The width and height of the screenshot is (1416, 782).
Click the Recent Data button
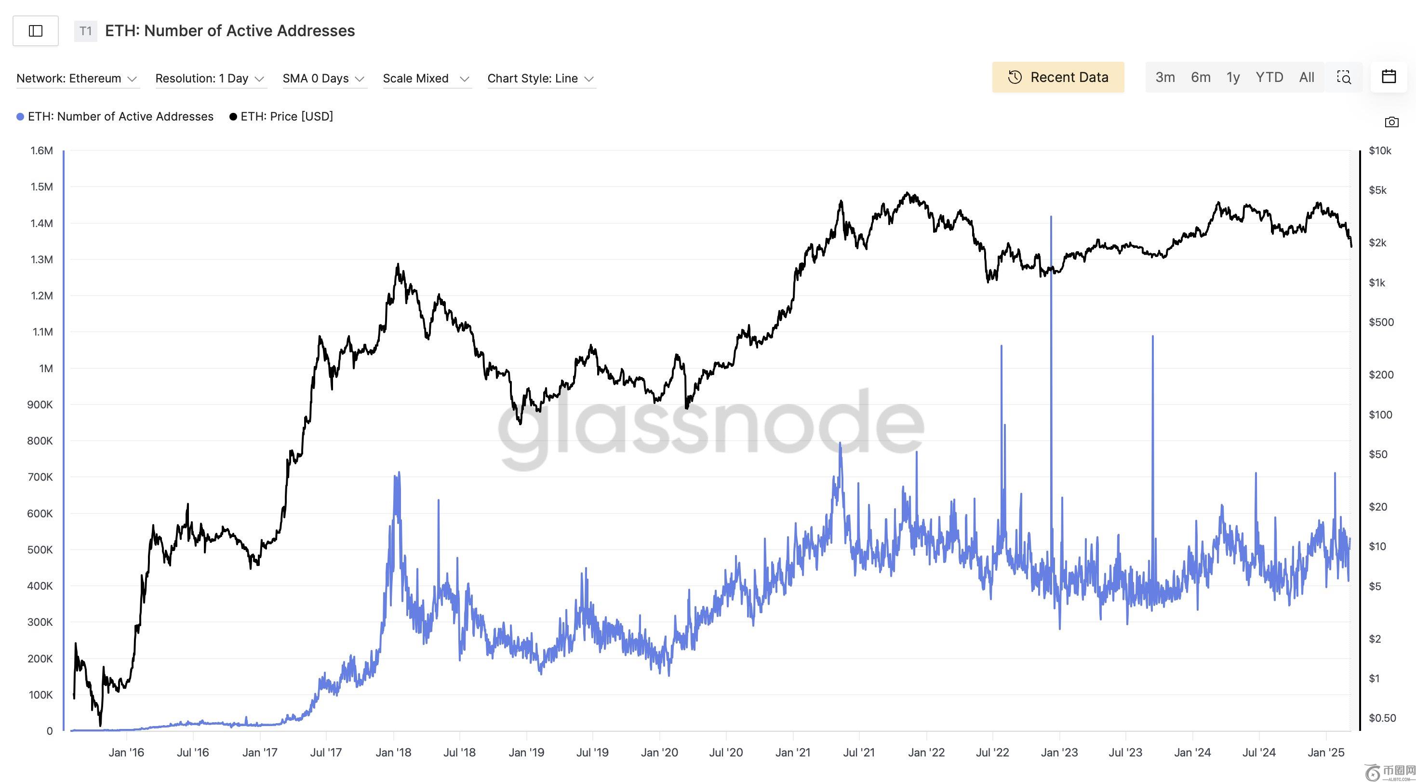[1057, 78]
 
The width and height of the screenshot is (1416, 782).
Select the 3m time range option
[1165, 78]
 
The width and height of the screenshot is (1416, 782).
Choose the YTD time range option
[1269, 78]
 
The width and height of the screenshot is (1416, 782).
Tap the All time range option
[1306, 78]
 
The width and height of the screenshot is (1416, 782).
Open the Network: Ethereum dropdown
[77, 79]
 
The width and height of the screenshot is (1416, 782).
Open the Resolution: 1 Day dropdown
[210, 79]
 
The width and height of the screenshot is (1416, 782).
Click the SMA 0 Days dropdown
[323, 79]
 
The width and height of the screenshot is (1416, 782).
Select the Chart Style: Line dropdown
[540, 79]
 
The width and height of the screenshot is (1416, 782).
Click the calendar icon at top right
[1389, 77]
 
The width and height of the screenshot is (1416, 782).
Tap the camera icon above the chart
[1391, 122]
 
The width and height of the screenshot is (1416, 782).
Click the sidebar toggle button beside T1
[36, 31]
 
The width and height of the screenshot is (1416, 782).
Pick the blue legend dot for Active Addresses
[20, 117]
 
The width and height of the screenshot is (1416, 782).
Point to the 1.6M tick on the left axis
[42, 151]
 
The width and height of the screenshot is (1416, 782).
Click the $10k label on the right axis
[1380, 151]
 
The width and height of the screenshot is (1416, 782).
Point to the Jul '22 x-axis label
[992, 752]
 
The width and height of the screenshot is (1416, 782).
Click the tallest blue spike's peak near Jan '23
[1051, 217]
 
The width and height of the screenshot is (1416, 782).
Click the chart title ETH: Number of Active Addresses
[230, 31]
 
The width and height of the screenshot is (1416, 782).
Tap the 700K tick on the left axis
[40, 477]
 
